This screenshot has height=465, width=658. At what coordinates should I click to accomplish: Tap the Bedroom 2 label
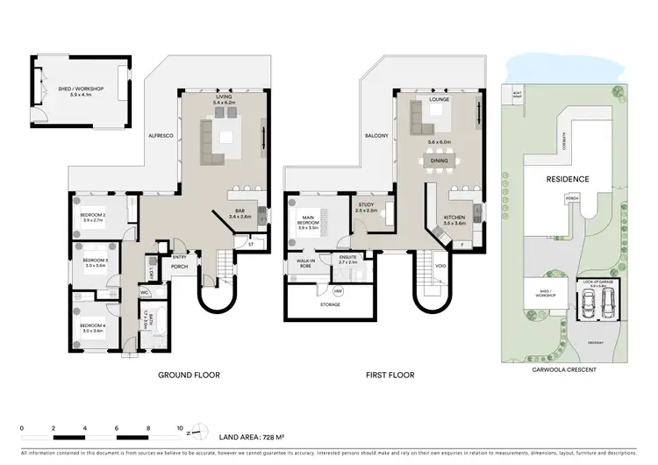pos(93,218)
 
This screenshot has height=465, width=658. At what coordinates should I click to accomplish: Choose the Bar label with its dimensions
pos(240,213)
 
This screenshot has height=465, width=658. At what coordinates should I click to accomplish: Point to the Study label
pos(366,207)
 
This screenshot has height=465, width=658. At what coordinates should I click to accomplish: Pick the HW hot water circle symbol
pos(338,290)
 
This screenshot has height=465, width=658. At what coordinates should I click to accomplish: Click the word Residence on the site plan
pos(568,179)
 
